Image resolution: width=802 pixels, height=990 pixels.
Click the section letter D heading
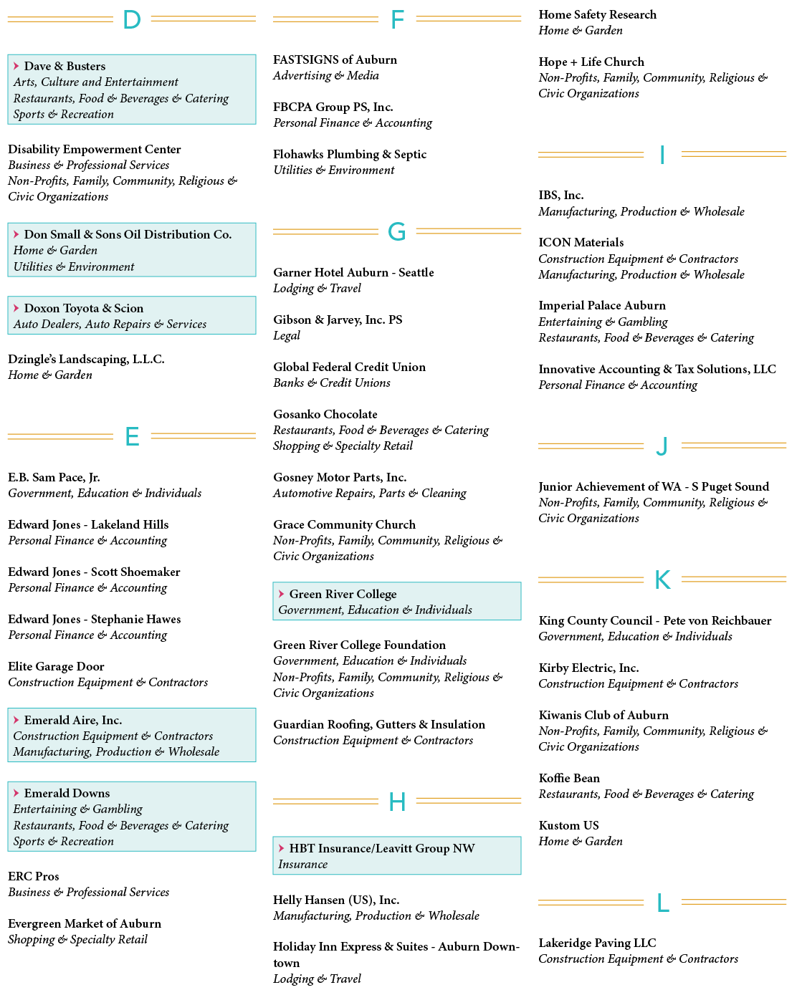tap(132, 19)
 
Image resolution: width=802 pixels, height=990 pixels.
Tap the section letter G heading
tap(396, 231)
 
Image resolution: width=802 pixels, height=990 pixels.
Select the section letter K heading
tap(662, 580)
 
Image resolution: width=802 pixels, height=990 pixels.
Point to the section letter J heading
tap(662, 446)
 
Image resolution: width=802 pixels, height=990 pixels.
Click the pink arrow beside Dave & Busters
tap(16, 65)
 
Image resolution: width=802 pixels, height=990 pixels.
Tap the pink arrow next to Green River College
tap(281, 594)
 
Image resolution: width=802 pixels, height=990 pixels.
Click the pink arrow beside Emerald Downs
tap(16, 792)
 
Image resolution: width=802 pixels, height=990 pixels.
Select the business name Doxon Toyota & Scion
tap(84, 308)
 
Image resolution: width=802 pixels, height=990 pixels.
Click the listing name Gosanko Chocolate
tap(325, 414)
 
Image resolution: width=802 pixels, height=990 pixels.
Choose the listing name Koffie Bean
tap(568, 778)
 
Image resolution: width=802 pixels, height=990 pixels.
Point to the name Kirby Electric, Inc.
tap(588, 668)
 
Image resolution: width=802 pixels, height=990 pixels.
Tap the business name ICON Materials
tap(581, 242)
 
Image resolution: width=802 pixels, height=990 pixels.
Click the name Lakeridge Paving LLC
tap(597, 943)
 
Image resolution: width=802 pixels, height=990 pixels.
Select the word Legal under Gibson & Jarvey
tap(287, 335)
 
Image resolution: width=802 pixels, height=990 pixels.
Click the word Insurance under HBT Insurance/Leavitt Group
tap(302, 864)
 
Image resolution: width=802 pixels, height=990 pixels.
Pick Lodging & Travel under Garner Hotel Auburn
tap(317, 288)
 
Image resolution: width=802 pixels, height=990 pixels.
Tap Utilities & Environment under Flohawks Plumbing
tap(333, 170)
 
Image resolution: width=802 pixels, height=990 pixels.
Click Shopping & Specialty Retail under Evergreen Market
tap(77, 939)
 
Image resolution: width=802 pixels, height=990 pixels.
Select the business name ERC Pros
tap(34, 876)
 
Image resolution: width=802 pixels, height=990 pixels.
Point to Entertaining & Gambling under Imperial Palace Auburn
tap(603, 322)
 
